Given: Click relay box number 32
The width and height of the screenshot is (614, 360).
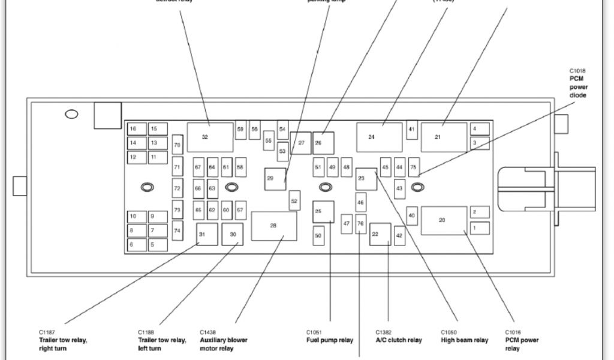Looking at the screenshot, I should pos(210,137).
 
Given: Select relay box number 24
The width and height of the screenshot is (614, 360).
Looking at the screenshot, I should pos(379,137).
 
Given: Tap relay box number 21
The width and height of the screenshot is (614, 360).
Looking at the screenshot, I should pos(443,137).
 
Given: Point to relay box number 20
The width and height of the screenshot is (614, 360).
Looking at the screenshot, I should pos(443,221).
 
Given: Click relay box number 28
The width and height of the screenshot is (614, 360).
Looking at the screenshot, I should pos(274,226).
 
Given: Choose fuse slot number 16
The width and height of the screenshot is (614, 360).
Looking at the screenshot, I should pos(137,129).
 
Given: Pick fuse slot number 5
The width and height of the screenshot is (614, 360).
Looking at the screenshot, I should pos(157,245).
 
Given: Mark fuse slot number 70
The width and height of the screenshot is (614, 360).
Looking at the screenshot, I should pos(177,145).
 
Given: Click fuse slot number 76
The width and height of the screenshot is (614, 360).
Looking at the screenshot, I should pos(360,224).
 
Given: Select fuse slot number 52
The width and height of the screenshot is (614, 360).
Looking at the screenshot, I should pos(294,201).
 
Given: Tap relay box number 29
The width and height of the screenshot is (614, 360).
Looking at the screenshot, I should pos(275,179).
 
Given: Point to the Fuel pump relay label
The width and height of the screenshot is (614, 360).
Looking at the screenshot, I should pos(330,340).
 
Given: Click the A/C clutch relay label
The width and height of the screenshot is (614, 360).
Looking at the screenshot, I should pos(399,340).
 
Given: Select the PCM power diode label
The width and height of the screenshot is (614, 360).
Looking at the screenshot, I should pos(579,87).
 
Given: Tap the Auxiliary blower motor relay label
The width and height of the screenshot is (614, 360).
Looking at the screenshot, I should pos(223,344).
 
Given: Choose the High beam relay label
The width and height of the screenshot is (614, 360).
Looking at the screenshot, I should pos(464,340).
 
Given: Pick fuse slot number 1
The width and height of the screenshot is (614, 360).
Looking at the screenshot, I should pos(480,228).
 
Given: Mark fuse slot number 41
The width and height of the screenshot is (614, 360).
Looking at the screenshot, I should pos(412,130).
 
